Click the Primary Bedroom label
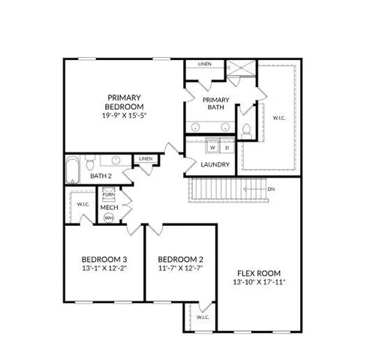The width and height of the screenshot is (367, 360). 123,102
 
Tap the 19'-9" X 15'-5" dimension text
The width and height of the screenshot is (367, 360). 123,116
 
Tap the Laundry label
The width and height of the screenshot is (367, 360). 215,164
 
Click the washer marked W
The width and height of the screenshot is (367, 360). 212,147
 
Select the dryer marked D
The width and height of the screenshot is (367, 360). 227,147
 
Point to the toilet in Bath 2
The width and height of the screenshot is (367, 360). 89,163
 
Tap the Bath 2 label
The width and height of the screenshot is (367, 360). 101,176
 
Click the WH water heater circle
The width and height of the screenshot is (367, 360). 109,217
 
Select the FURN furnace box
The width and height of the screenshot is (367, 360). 109,194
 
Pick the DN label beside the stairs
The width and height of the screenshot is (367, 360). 270,188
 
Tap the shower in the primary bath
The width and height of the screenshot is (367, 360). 242,71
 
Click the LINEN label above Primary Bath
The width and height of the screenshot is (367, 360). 205,64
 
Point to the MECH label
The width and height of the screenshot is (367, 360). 109,206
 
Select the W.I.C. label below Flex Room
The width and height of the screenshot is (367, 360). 202,316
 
